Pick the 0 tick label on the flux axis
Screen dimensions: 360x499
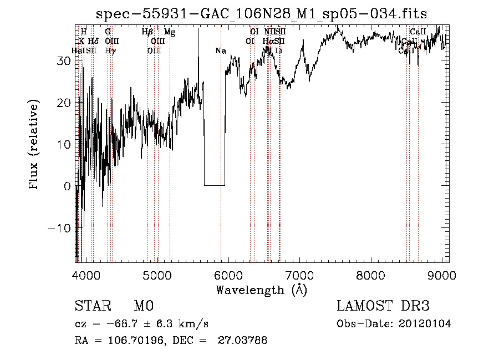(x=67, y=186)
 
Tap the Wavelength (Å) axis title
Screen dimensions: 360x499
(x=262, y=290)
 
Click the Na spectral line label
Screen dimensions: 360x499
(x=221, y=51)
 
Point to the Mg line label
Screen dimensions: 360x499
(x=170, y=32)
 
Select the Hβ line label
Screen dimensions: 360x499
(x=147, y=32)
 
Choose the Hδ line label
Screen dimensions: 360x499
(x=93, y=41)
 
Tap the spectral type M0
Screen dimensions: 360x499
(x=143, y=306)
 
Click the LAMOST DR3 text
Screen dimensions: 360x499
(x=383, y=306)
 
